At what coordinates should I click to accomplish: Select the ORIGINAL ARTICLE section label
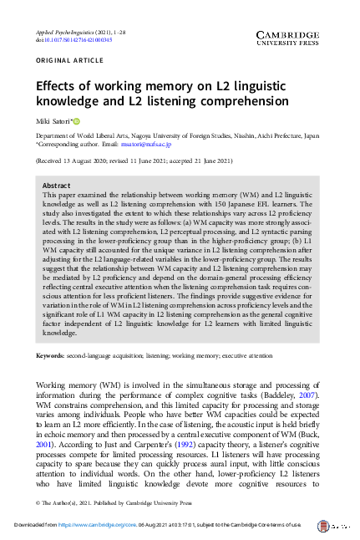65,60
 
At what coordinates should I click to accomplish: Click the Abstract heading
56,186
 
